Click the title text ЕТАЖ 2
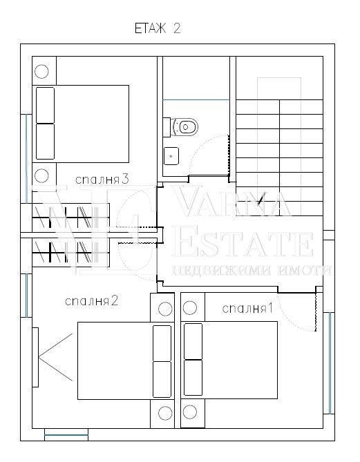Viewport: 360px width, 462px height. (158, 28)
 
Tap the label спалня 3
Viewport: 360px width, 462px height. (102, 180)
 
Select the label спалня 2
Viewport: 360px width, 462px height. (91, 301)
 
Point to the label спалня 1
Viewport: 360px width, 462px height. (247, 309)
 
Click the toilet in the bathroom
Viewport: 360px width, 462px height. (180, 127)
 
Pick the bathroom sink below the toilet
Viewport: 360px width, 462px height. (171, 156)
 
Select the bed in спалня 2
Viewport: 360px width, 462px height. (126, 360)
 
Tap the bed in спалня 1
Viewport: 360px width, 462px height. (229, 360)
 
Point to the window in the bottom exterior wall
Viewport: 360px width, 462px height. (66, 435)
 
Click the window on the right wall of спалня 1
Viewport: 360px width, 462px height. (330, 363)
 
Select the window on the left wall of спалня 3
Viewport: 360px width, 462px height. (26, 159)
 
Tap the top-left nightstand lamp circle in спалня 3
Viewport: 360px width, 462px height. (41, 71)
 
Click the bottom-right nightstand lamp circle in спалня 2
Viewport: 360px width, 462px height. (165, 413)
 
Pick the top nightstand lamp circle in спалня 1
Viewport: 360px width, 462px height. (190, 308)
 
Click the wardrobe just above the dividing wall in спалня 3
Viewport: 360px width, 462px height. (70, 218)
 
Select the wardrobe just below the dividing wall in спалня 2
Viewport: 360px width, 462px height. (70, 253)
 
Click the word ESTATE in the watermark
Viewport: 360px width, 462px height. (243, 245)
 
